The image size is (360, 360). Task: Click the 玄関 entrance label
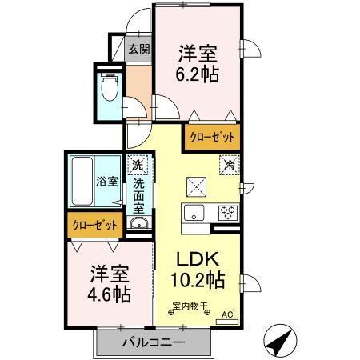pyautogui.click(x=139, y=49)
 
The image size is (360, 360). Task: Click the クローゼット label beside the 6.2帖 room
pyautogui.click(x=211, y=138)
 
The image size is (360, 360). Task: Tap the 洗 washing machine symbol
pyautogui.click(x=139, y=164)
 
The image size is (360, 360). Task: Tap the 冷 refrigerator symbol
pyautogui.click(x=229, y=166)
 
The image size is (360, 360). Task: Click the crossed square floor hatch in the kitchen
pyautogui.click(x=196, y=186)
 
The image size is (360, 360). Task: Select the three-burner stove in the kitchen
pyautogui.click(x=226, y=213)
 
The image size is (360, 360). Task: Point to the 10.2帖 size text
pyautogui.click(x=197, y=282)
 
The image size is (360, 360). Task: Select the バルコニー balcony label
pyautogui.click(x=154, y=342)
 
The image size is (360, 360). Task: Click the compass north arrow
pyautogui.click(x=278, y=342)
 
